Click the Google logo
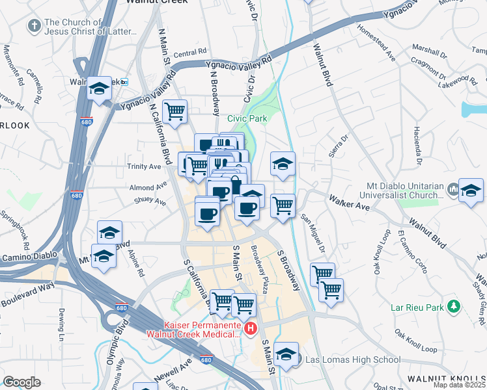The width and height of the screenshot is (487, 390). click(21, 382)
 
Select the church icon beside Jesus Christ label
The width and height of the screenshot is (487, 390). click(33, 26)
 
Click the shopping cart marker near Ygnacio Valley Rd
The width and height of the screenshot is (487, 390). click(174, 112)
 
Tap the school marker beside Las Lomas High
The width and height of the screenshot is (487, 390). click(286, 355)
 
